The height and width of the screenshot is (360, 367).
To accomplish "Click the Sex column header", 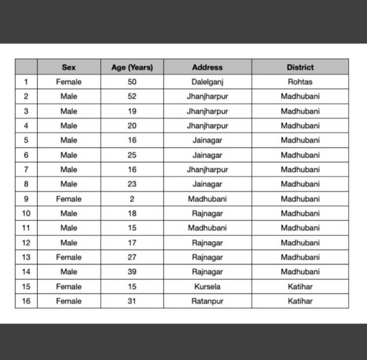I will (68, 67).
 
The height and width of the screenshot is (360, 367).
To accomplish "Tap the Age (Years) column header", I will (132, 67).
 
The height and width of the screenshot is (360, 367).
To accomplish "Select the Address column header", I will (207, 67).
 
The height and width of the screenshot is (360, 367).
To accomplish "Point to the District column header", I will (300, 67).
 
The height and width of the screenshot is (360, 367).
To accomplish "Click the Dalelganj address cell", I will (207, 82).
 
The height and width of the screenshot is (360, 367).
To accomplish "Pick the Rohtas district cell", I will (300, 82).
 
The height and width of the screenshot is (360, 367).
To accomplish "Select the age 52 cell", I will (132, 96).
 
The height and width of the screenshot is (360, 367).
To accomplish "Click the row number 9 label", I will (26, 199).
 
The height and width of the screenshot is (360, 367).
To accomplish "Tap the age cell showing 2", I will (132, 199).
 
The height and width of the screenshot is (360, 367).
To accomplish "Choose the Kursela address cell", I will (207, 286).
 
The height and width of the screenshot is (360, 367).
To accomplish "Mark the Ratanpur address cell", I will (207, 301).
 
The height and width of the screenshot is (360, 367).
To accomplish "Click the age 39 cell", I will (132, 272).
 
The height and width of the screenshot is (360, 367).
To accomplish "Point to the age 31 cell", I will (132, 301).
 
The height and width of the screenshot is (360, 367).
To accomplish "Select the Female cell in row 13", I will (68, 257).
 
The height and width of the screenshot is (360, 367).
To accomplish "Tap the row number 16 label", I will (26, 301).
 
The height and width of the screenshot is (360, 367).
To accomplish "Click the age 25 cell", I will (132, 155).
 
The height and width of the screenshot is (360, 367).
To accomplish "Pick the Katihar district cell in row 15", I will (300, 286).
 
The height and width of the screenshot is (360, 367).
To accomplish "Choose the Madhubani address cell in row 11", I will (207, 228).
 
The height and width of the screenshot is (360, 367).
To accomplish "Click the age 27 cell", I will (132, 257).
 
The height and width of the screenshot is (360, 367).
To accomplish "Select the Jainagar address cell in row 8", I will (207, 184).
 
